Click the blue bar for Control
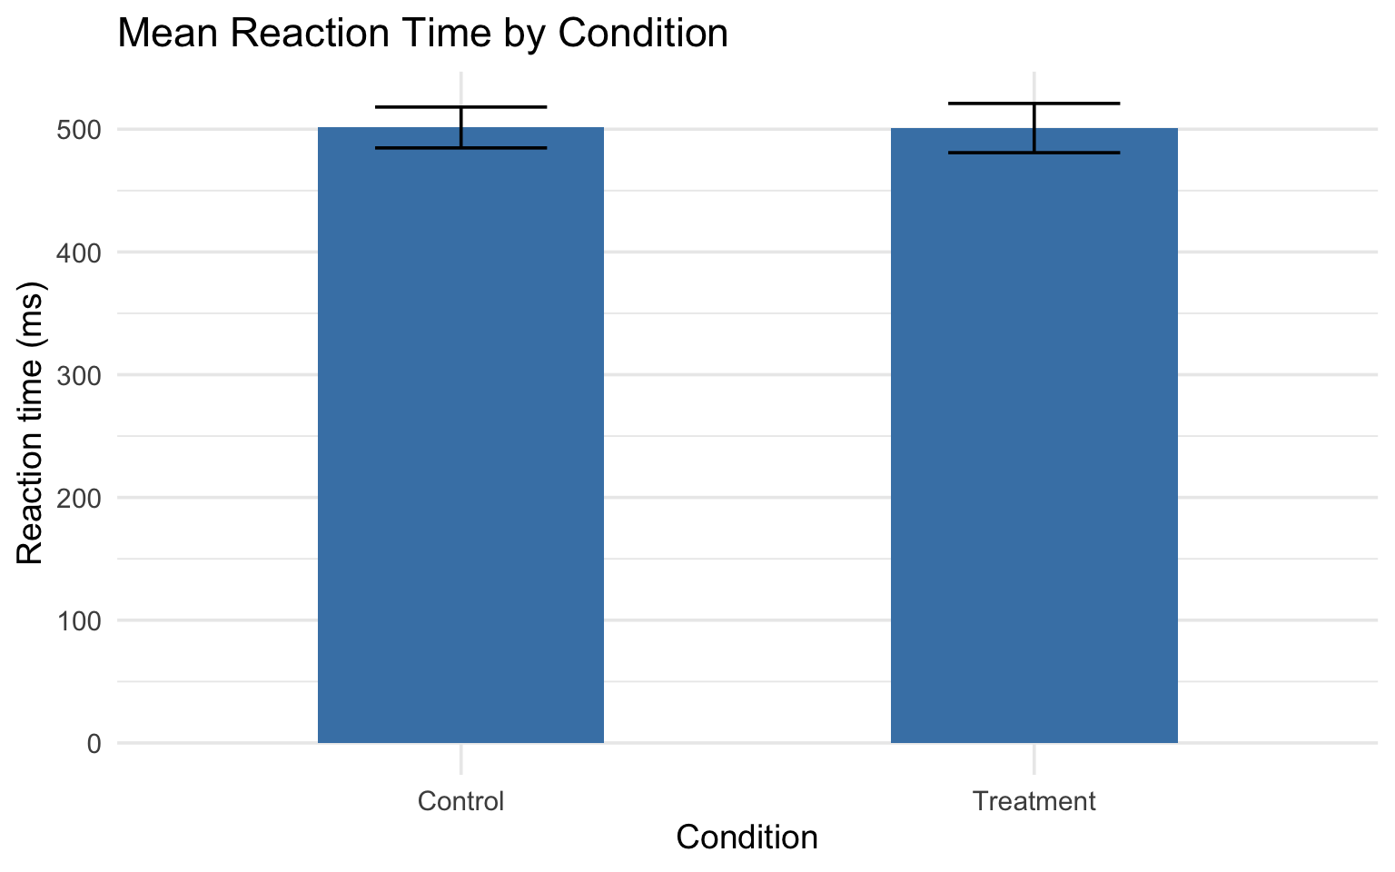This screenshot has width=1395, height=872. point(460,436)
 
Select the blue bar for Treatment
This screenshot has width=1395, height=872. point(1034,436)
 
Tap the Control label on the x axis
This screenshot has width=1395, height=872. point(460,801)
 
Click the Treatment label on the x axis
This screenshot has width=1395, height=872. point(1034,801)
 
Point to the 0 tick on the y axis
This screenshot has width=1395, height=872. point(94,744)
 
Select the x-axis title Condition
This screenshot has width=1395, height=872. point(747,837)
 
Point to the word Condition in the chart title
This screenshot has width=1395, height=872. point(642,35)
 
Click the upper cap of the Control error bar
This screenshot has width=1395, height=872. point(460,107)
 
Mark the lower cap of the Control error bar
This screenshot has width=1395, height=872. point(460,148)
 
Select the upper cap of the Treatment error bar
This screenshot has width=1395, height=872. point(1034,104)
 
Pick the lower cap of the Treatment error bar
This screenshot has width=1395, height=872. point(1034,153)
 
